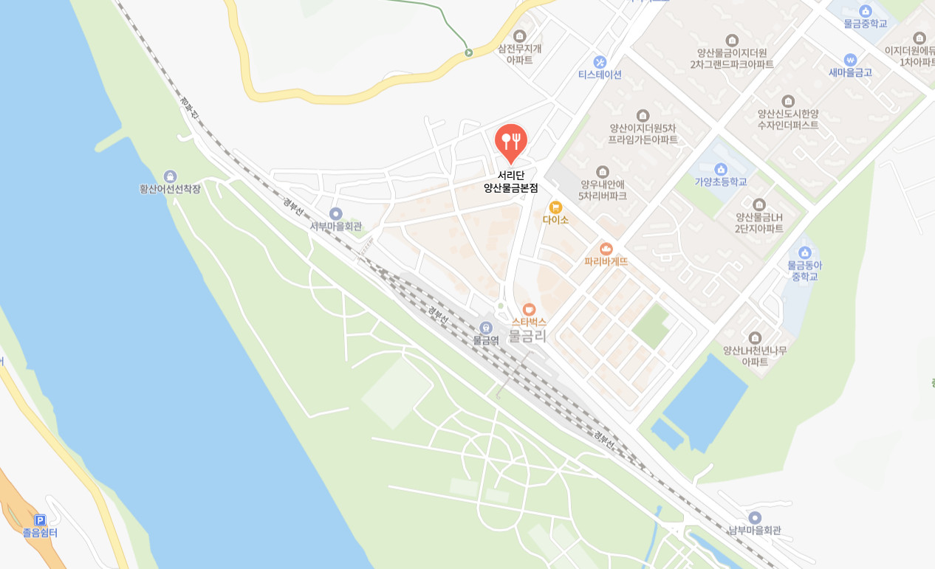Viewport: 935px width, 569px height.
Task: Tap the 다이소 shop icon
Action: [555, 207]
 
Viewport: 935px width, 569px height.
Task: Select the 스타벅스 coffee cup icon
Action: [529, 309]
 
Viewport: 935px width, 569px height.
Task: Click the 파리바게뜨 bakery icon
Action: [606, 249]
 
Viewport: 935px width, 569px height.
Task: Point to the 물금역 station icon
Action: [485, 328]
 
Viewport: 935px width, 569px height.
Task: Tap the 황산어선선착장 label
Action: [170, 188]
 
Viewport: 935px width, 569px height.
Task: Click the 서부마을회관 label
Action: [336, 226]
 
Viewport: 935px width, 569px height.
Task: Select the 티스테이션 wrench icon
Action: [600, 61]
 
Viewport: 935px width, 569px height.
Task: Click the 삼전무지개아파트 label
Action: [520, 54]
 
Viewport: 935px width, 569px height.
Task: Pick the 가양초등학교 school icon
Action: [721, 169]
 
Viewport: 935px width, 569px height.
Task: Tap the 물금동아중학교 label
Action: [805, 270]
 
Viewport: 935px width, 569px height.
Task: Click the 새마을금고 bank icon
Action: [850, 59]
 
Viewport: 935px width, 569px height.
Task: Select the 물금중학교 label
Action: [866, 24]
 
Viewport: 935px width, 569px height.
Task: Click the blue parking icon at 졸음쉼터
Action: [40, 520]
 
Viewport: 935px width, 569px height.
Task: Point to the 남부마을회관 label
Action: [754, 530]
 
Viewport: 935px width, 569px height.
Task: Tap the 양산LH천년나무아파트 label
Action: [755, 356]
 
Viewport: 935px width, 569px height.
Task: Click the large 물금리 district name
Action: [528, 337]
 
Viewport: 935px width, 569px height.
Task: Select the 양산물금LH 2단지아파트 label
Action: [758, 223]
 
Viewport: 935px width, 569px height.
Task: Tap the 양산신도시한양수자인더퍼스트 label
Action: [788, 120]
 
